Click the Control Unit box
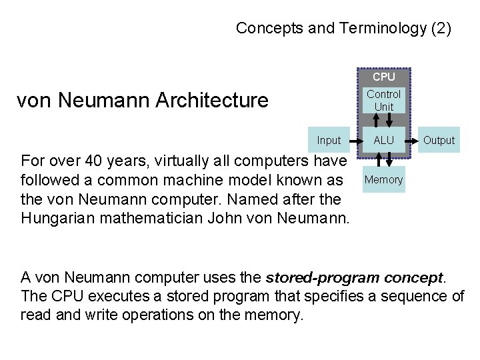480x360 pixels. click(383, 101)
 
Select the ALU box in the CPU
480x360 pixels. click(383, 140)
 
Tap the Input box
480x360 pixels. click(329, 140)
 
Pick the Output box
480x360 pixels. click(439, 140)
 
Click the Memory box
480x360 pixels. click(383, 179)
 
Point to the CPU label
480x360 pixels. click(383, 77)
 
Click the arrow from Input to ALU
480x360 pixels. click(353, 140)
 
